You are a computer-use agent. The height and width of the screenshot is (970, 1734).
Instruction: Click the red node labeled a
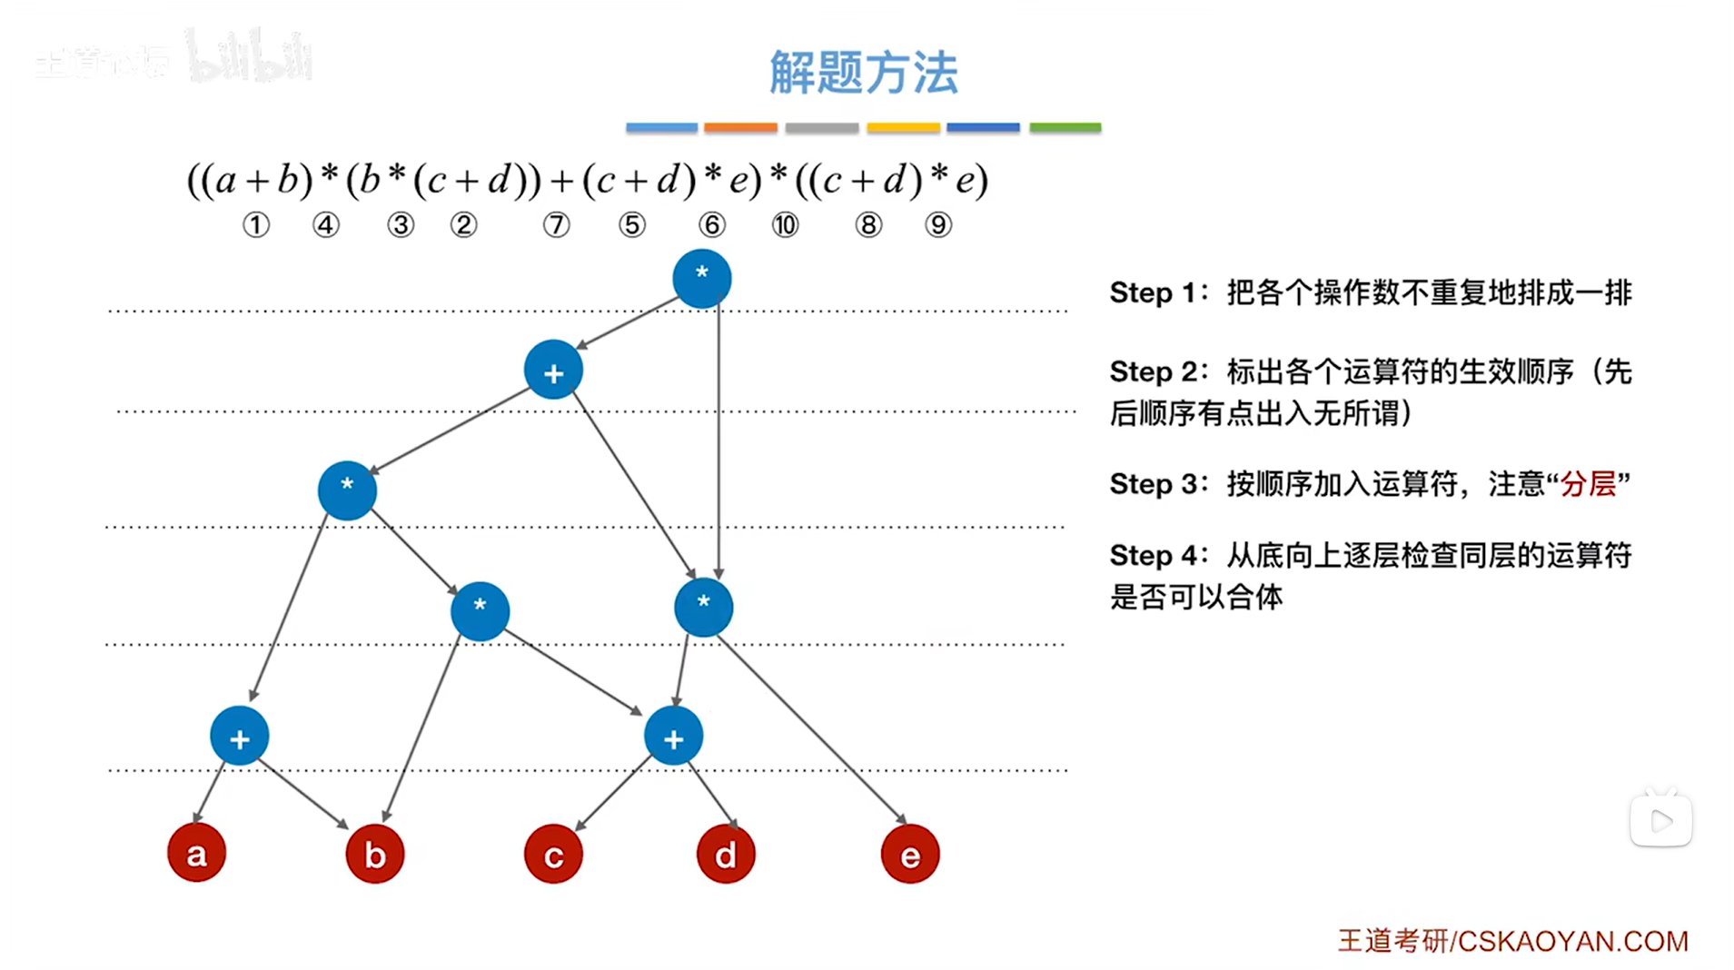pyautogui.click(x=196, y=853)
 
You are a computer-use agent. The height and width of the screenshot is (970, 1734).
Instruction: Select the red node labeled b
pyautogui.click(x=374, y=854)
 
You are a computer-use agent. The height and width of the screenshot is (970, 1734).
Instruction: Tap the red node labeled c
pyautogui.click(x=553, y=855)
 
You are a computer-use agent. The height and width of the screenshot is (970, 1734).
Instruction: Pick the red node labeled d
pyautogui.click(x=725, y=854)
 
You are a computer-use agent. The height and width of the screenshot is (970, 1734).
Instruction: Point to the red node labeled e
pyautogui.click(x=909, y=854)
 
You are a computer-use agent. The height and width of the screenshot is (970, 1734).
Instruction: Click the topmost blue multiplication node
pyautogui.click(x=701, y=278)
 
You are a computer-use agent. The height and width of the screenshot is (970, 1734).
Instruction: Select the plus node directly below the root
pyautogui.click(x=553, y=370)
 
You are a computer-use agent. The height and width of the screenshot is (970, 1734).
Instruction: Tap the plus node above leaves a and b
pyautogui.click(x=239, y=737)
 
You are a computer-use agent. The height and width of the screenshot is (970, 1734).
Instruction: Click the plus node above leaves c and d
pyautogui.click(x=673, y=737)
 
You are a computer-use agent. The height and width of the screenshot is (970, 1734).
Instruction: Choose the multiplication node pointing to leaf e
pyautogui.click(x=703, y=607)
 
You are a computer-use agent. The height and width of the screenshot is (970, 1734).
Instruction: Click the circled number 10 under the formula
pyautogui.click(x=785, y=224)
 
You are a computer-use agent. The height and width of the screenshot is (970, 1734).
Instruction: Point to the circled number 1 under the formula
pyautogui.click(x=256, y=224)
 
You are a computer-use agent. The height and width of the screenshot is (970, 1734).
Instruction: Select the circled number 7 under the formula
pyautogui.click(x=556, y=224)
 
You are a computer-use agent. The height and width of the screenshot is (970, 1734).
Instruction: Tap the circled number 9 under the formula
pyautogui.click(x=938, y=224)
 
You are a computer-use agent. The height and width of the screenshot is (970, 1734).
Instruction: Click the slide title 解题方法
pyautogui.click(x=863, y=73)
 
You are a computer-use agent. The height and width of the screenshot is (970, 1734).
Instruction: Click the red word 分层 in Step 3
pyautogui.click(x=1589, y=484)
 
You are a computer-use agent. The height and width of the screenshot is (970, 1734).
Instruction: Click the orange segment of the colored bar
pyautogui.click(x=740, y=128)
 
